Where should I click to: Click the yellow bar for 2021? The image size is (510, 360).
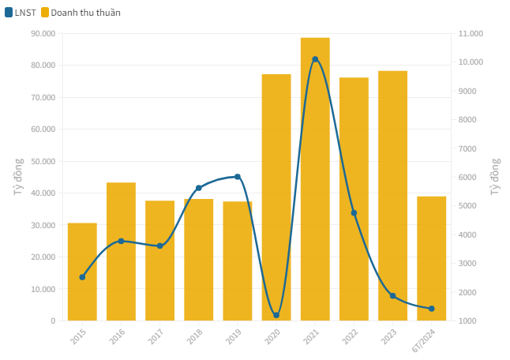315,179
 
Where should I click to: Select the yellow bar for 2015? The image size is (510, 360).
82,272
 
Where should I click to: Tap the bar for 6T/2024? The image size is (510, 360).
431,258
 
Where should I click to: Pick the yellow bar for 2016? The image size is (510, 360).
121,252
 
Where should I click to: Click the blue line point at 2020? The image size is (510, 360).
276,315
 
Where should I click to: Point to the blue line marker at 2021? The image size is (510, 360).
315,59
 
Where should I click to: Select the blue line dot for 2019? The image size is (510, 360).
238,177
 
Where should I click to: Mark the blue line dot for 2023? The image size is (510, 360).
392,296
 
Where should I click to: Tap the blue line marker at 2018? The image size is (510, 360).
199,188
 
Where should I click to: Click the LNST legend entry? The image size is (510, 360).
21,13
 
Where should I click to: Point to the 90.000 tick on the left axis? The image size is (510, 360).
43,33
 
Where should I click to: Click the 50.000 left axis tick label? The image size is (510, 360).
43,161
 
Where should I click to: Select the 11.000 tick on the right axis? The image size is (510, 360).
471,33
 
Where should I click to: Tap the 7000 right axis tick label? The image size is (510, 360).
467,148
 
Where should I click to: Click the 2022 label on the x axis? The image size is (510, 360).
350,336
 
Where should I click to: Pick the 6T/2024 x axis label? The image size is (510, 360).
423,340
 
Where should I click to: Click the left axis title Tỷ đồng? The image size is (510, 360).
18,177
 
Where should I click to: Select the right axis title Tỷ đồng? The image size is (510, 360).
495,177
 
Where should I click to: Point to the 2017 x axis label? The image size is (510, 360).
156,336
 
